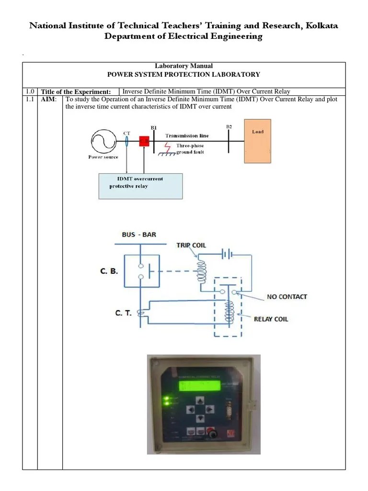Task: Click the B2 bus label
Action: (x=229, y=127)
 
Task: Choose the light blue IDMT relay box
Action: (x=140, y=185)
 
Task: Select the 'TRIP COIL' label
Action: (x=191, y=245)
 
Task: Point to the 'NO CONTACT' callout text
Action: (x=287, y=297)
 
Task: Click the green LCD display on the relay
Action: (x=198, y=386)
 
